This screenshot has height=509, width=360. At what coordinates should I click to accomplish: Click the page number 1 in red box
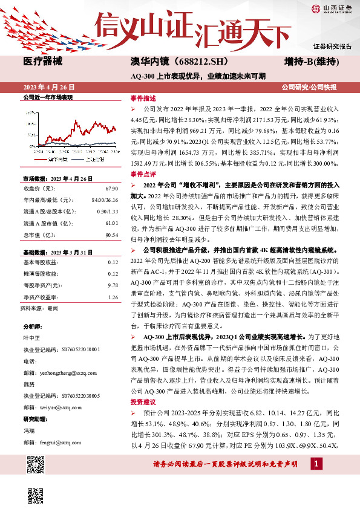point(316,464)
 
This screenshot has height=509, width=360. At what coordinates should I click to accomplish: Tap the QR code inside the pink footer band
point(37,464)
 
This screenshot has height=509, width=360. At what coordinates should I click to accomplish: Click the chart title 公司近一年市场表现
point(47,97)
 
